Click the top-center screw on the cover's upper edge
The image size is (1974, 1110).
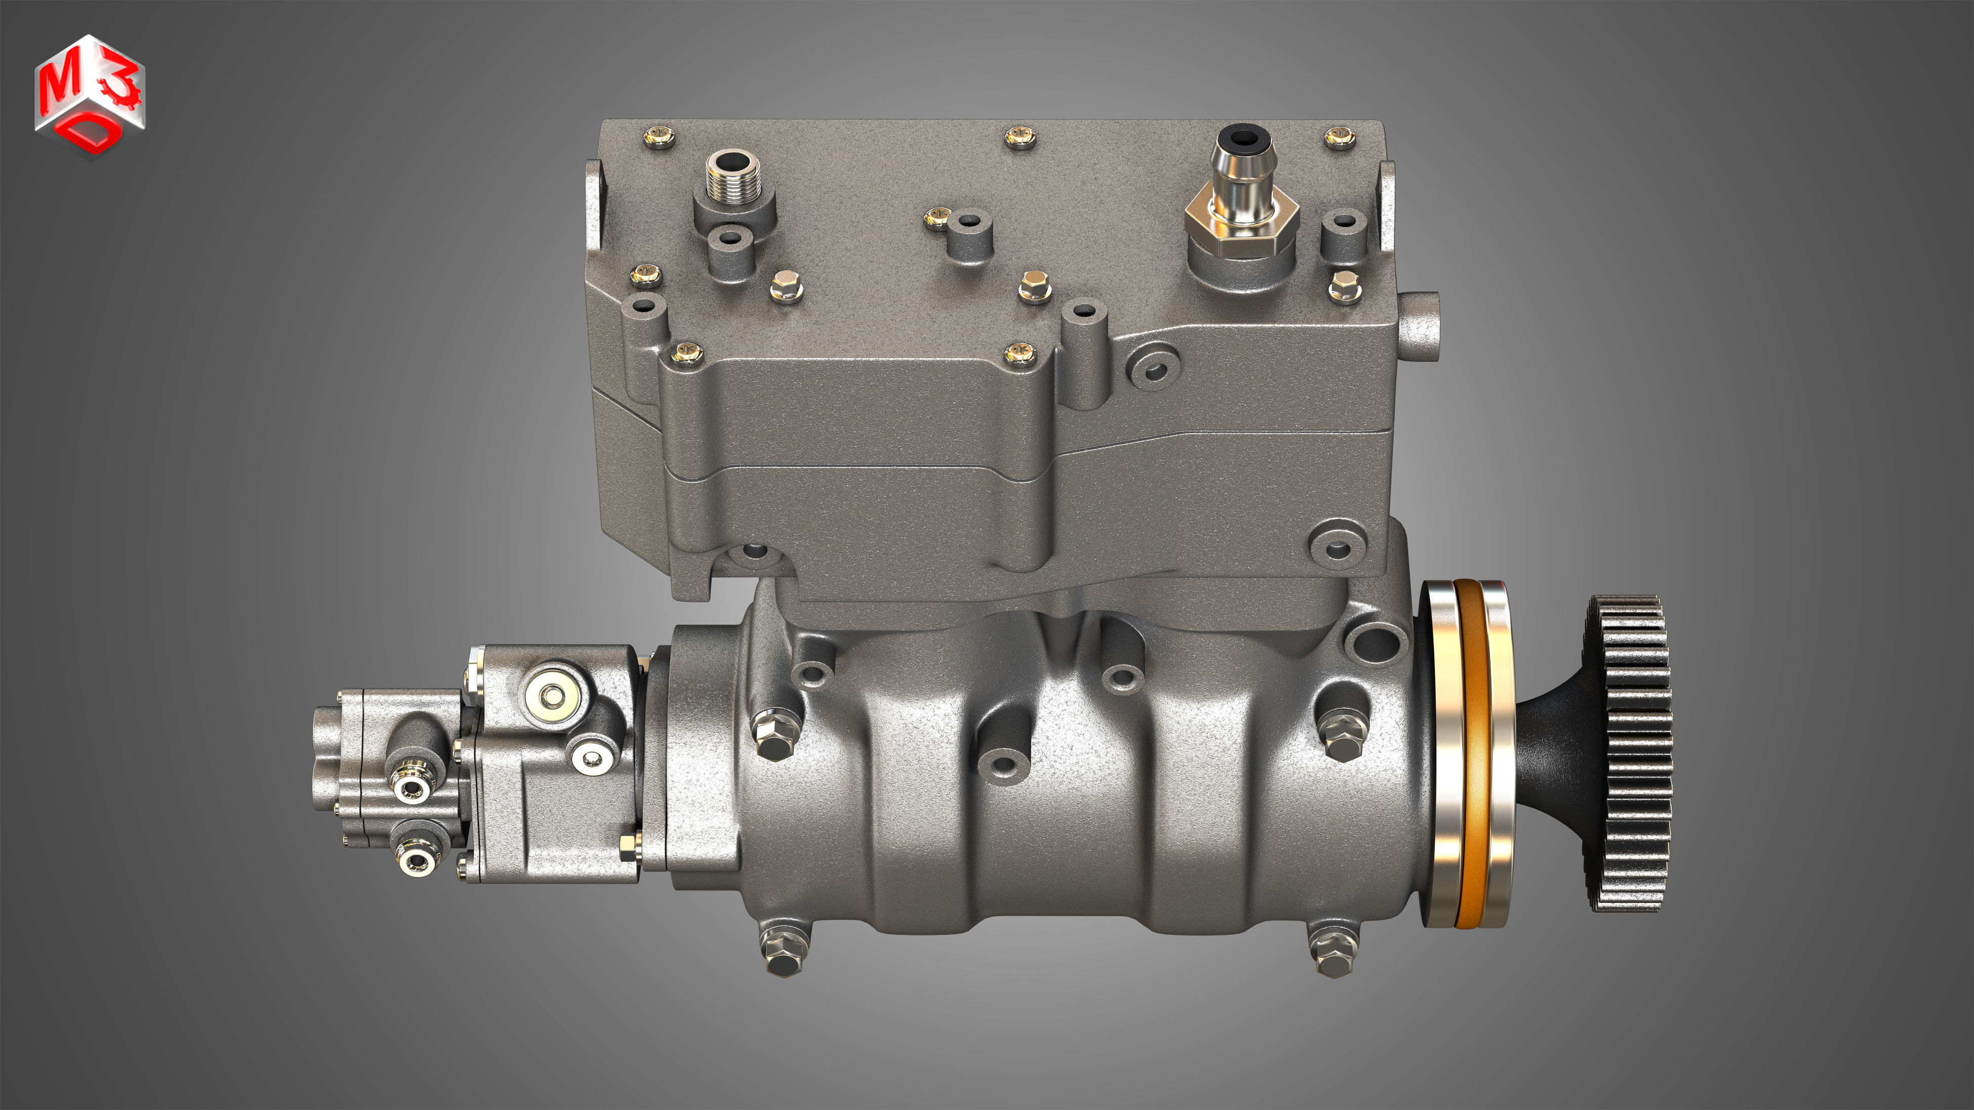pos(1020,137)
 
